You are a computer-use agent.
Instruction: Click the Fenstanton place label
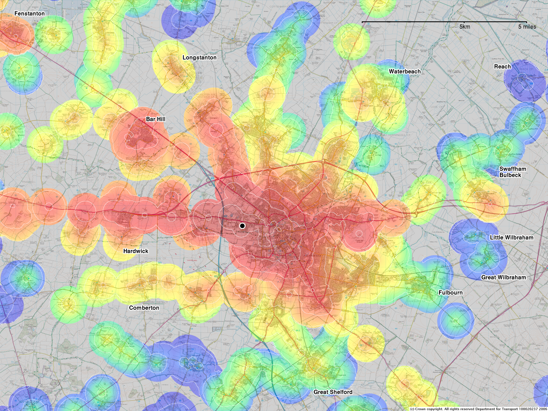click(x=29, y=14)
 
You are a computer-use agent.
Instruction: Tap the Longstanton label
click(x=199, y=58)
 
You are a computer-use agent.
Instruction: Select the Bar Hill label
click(x=156, y=119)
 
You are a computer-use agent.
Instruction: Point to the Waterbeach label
click(x=405, y=72)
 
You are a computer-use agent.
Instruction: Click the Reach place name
click(x=502, y=67)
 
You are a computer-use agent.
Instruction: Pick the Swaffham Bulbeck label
click(x=512, y=172)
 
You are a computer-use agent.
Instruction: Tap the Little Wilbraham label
click(x=511, y=238)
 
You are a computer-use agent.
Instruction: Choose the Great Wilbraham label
click(x=503, y=277)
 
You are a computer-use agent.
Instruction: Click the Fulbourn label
click(x=450, y=293)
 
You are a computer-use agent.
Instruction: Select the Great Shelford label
click(x=333, y=392)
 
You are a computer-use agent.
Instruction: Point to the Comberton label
click(x=144, y=308)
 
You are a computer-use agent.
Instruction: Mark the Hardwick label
click(x=136, y=251)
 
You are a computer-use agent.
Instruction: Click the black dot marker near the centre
click(x=242, y=226)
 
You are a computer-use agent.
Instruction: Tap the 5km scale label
click(x=465, y=27)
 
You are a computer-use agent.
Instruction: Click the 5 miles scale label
click(x=527, y=27)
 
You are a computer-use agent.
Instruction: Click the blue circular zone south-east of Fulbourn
click(x=455, y=321)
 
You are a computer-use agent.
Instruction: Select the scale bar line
click(x=444, y=22)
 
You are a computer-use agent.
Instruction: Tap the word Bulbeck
click(x=510, y=175)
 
